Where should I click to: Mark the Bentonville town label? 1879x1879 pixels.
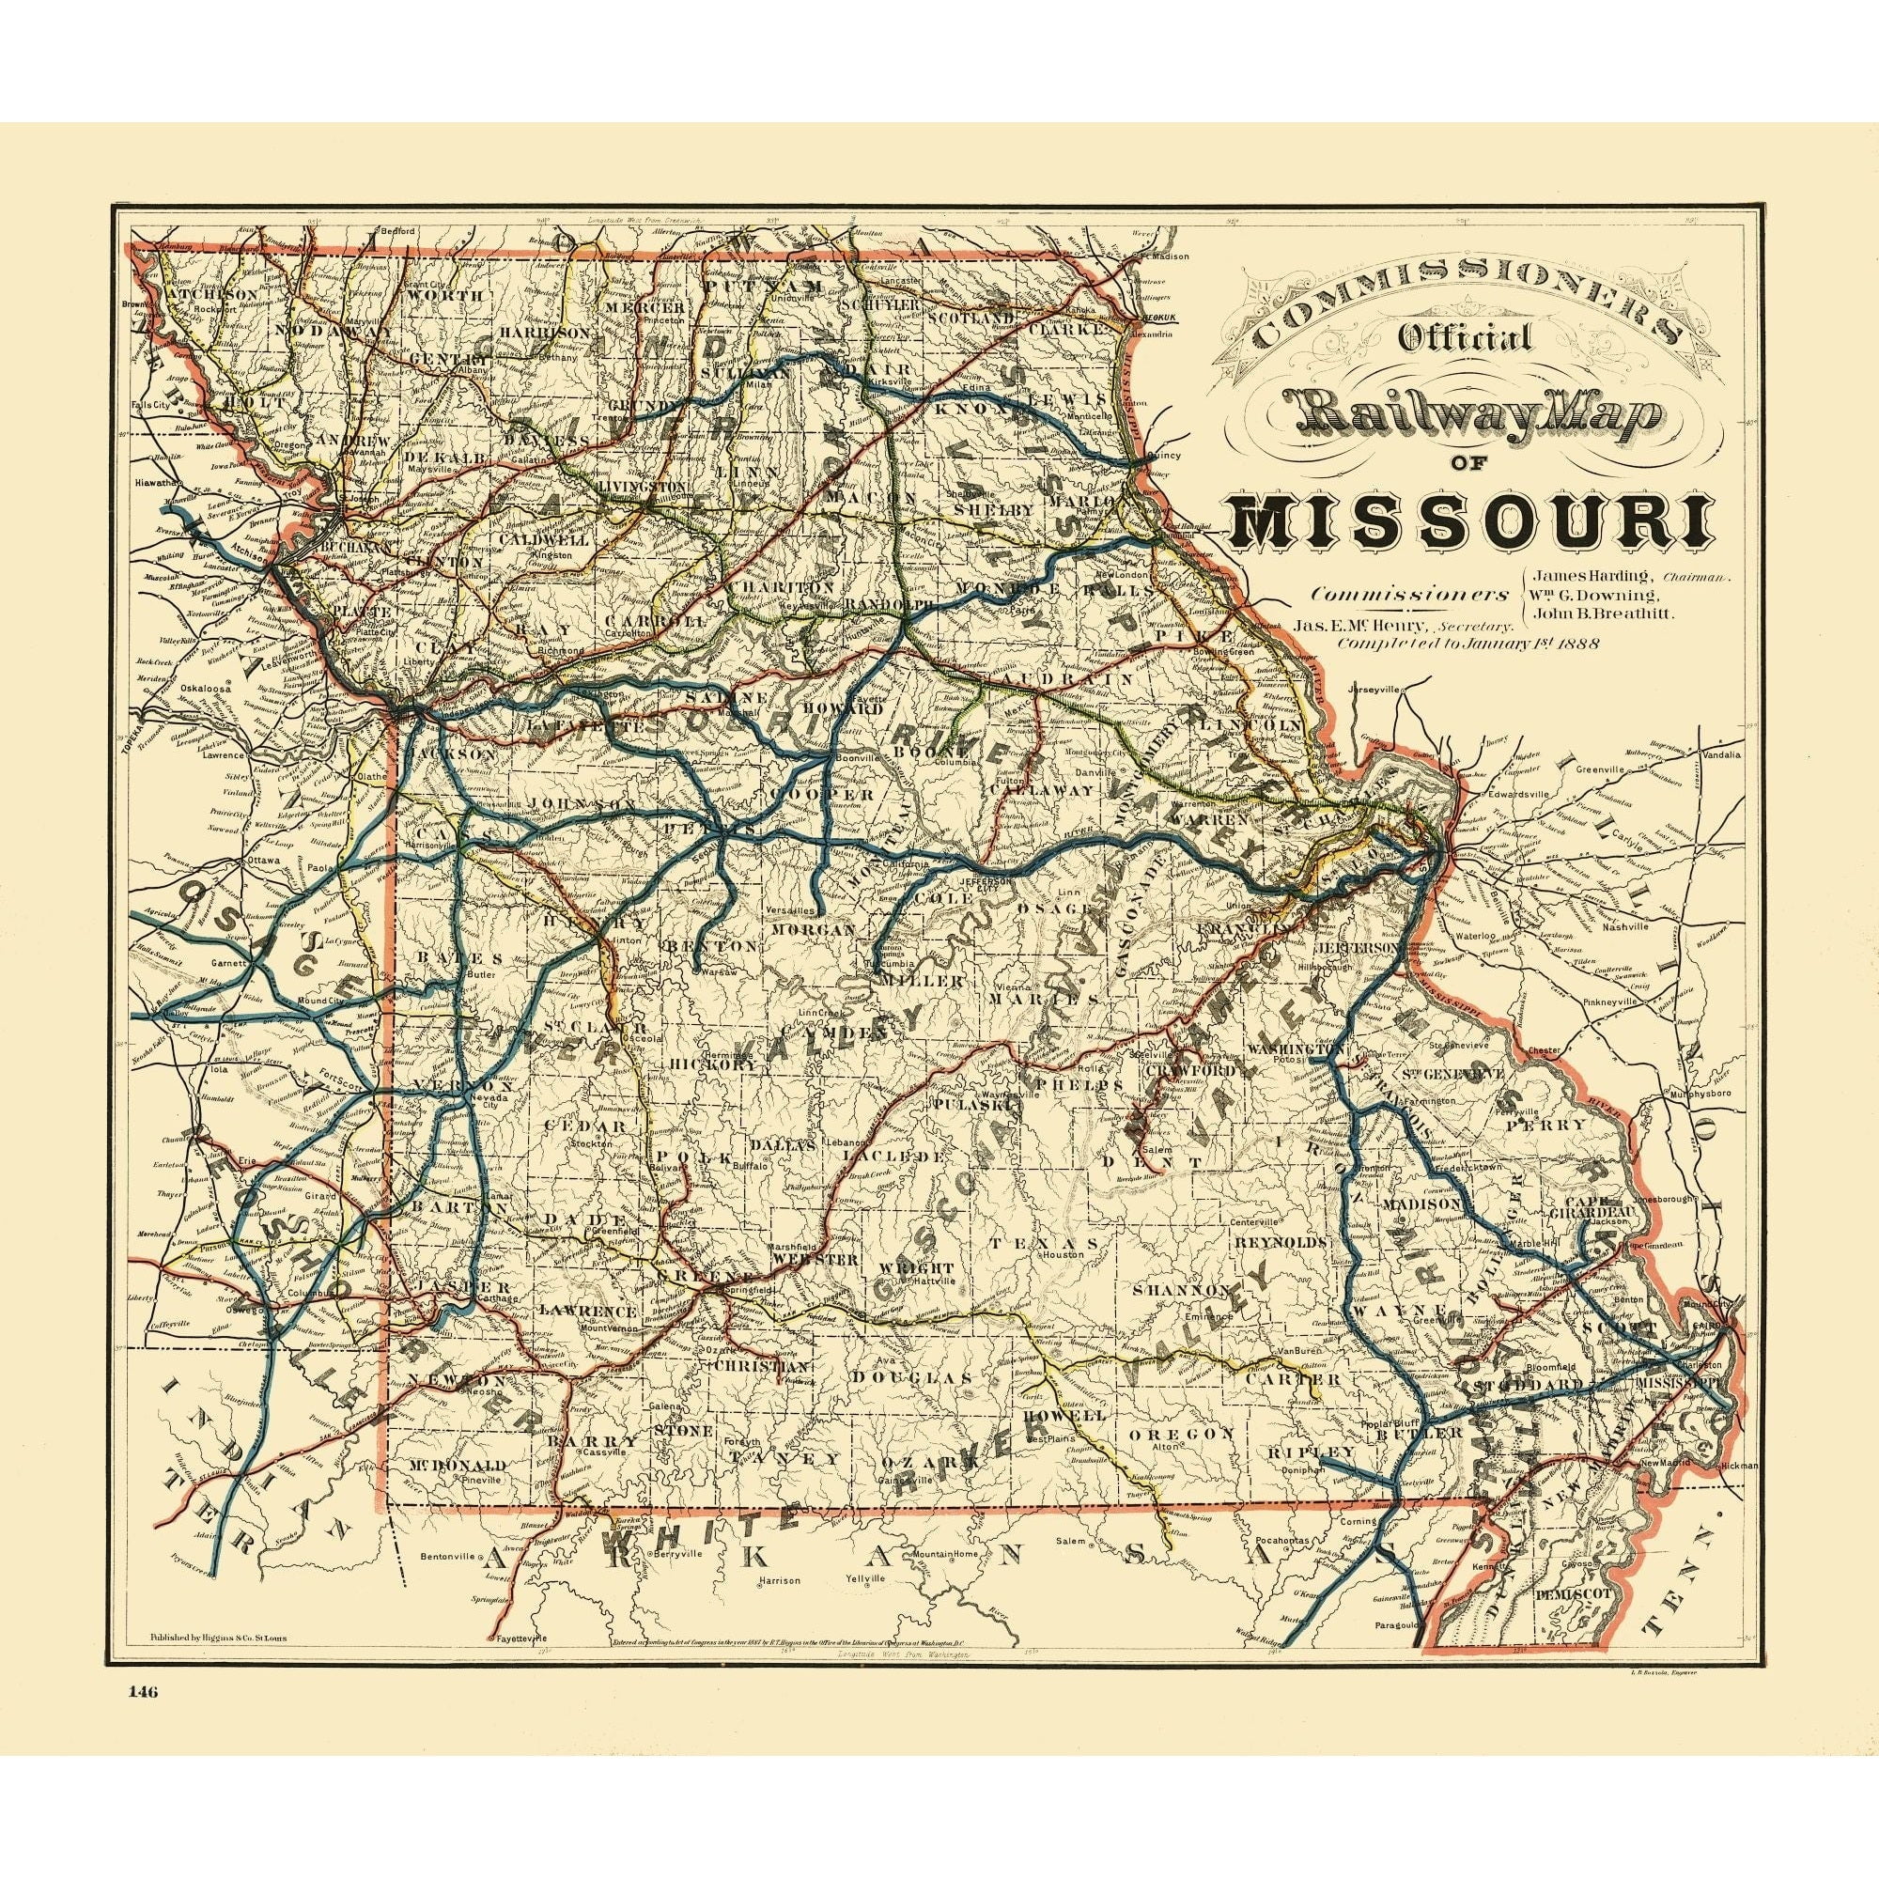coord(450,1501)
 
